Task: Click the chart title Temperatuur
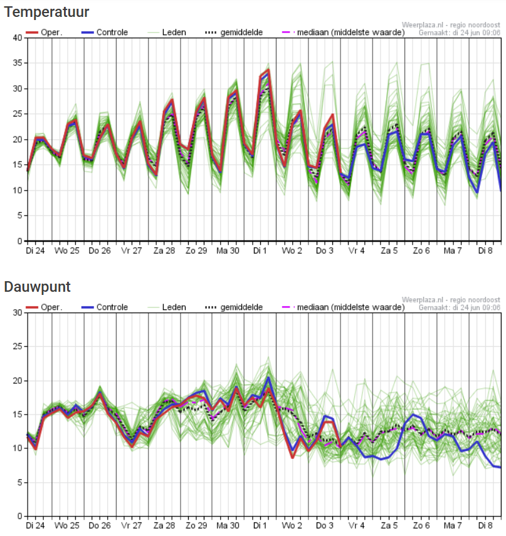tap(46, 12)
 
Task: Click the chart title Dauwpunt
tap(37, 287)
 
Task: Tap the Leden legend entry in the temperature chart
tap(174, 32)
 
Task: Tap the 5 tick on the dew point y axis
tap(19, 483)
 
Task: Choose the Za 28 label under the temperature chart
tap(164, 250)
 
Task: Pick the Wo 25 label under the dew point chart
tap(68, 525)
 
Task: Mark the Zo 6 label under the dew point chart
tap(421, 525)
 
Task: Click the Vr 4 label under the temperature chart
tap(357, 250)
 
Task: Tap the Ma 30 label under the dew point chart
tap(228, 525)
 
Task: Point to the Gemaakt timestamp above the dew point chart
tap(460, 307)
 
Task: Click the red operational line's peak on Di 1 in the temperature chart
tap(268, 71)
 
